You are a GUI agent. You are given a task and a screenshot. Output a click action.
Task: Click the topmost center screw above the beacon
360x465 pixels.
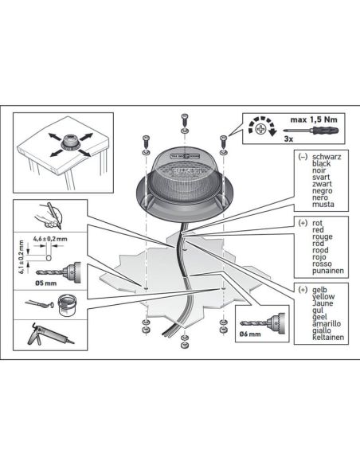click(x=184, y=120)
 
